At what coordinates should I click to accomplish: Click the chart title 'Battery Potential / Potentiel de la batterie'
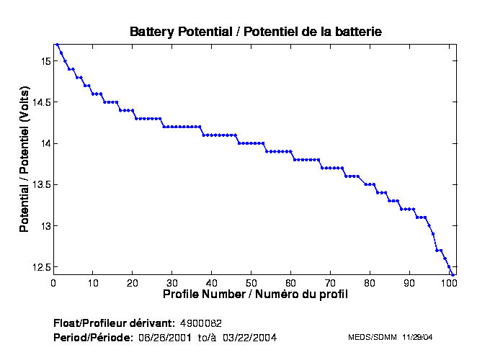pyautogui.click(x=255, y=32)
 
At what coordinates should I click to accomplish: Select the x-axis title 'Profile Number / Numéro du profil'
pyautogui.click(x=255, y=294)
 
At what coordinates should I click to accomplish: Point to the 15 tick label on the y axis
pyautogui.click(x=43, y=61)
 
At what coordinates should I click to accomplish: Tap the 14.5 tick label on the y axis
pyautogui.click(x=39, y=102)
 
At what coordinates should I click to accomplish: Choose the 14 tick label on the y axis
pyautogui.click(x=43, y=143)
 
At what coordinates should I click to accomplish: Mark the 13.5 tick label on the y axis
pyautogui.click(x=39, y=185)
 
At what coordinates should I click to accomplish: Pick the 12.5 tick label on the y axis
pyautogui.click(x=39, y=267)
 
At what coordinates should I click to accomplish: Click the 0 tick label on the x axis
pyautogui.click(x=53, y=283)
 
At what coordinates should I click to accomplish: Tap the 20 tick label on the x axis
pyautogui.click(x=133, y=283)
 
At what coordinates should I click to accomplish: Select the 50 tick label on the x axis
pyautogui.click(x=251, y=283)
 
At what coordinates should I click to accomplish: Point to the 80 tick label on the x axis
pyautogui.click(x=370, y=283)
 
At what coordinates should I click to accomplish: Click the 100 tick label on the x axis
pyautogui.click(x=449, y=283)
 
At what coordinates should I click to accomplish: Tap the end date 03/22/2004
pyautogui.click(x=249, y=337)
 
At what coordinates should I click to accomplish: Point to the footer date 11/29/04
pyautogui.click(x=417, y=337)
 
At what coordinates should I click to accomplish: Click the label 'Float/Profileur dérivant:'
pyautogui.click(x=114, y=322)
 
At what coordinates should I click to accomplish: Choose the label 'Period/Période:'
pyautogui.click(x=93, y=337)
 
